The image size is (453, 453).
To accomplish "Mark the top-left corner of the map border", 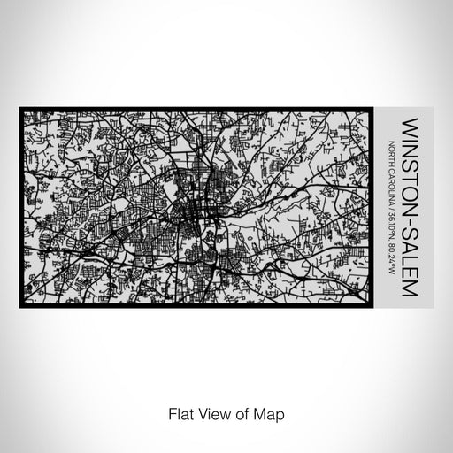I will tap(20, 109).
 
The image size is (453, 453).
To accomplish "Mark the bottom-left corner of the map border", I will tap(20, 306).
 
